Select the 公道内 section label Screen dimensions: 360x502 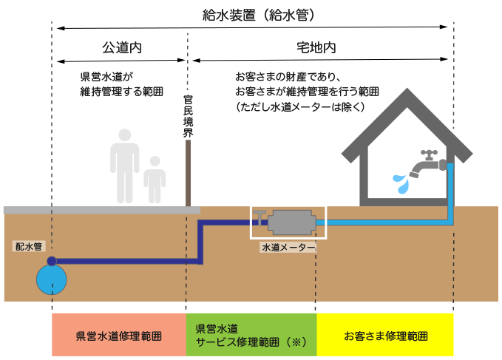[121, 47]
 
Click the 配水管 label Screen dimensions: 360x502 [29, 245]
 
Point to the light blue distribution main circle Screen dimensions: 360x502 [52, 280]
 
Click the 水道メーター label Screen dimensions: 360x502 [288, 248]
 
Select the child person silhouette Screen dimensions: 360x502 [155, 179]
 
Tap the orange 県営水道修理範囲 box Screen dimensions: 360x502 [118, 335]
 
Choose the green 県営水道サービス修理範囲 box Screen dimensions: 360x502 [251, 335]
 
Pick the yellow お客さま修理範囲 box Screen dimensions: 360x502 [385, 335]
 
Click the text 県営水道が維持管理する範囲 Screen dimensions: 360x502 [121, 84]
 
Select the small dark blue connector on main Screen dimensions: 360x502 [52, 260]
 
